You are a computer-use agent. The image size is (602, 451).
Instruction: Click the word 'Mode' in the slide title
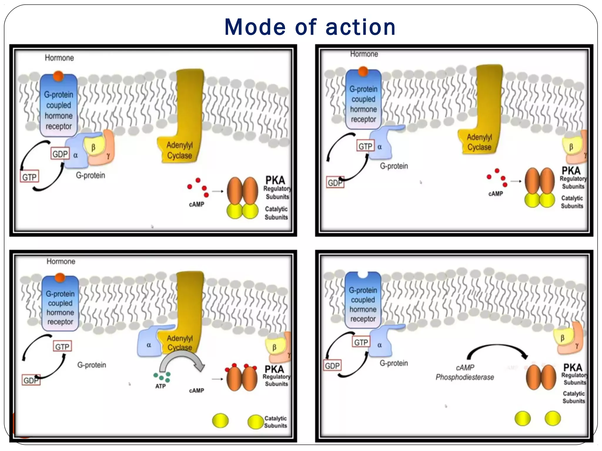(x=255, y=27)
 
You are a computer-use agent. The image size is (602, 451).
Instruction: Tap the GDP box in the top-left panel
(x=60, y=154)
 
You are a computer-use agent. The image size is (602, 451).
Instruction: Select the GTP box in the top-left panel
(x=29, y=177)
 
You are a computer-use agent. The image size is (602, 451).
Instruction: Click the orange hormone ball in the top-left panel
(x=58, y=76)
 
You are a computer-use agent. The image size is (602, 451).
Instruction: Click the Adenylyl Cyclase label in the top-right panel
(x=479, y=142)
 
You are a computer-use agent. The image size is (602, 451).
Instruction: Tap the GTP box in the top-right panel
(x=365, y=146)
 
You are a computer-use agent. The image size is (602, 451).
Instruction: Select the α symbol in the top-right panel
(x=379, y=147)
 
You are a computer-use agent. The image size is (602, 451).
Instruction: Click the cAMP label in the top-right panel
(x=496, y=194)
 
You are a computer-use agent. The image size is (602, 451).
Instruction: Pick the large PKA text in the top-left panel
(x=275, y=180)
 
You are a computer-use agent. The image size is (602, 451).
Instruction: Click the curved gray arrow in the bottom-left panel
(x=182, y=360)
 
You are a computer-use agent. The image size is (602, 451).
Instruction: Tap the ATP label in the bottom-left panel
(x=160, y=386)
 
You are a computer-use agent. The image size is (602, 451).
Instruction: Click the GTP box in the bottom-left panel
(x=62, y=347)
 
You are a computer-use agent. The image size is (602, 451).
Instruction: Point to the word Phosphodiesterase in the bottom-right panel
(x=465, y=377)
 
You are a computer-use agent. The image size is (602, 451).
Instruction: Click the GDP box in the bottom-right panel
(x=332, y=366)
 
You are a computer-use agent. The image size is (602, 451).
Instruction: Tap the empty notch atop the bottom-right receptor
(x=362, y=275)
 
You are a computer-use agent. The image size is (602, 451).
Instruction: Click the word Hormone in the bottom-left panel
(x=61, y=261)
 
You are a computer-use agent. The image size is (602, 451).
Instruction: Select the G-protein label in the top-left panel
(x=91, y=176)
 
